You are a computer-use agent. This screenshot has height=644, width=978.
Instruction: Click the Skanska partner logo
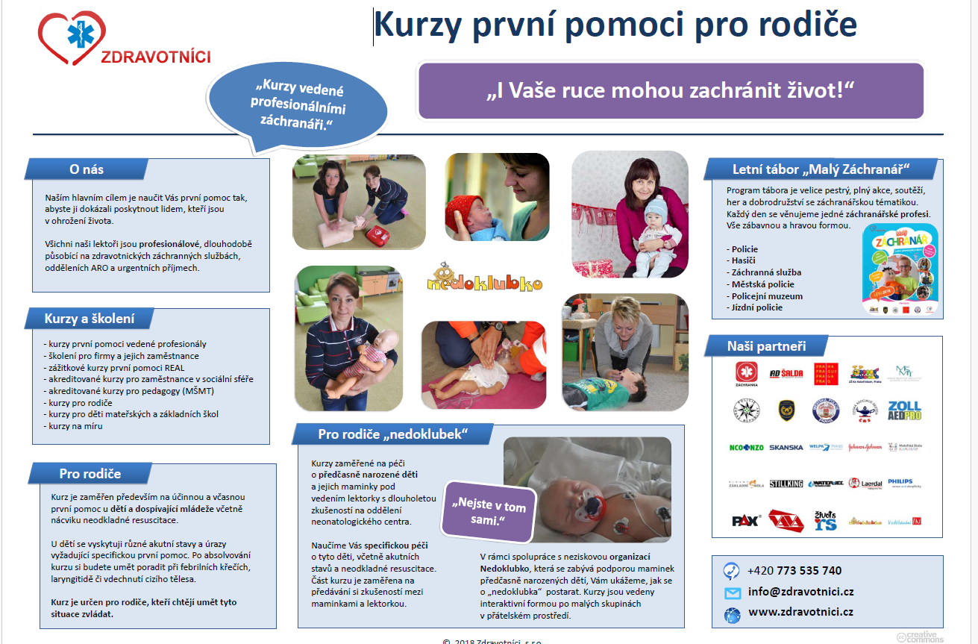[x=786, y=448]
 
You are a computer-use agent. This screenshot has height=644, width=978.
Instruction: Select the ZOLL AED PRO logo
[x=904, y=410]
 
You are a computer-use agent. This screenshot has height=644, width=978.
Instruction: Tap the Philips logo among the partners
[x=900, y=483]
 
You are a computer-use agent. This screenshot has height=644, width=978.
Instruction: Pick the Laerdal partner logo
[x=865, y=484]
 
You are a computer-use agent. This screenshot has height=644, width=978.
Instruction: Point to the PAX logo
[x=745, y=520]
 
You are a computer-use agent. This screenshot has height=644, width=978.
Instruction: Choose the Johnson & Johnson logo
[x=865, y=448]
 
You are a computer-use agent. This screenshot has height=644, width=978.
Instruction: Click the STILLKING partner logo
[x=786, y=484]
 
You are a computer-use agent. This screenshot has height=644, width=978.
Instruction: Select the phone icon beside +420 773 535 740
[x=731, y=571]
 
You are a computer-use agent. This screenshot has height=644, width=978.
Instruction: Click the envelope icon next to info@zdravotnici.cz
[x=732, y=593]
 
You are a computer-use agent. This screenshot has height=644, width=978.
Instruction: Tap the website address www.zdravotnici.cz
[x=800, y=612]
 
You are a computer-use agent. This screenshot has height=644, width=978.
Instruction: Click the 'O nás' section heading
[x=87, y=169]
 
